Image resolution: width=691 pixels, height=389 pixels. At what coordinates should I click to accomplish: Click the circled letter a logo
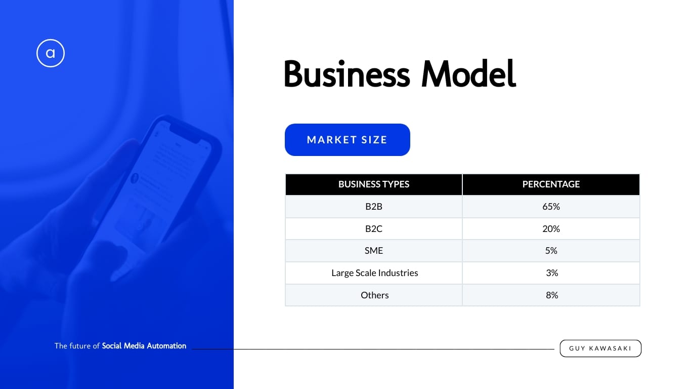pos(51,53)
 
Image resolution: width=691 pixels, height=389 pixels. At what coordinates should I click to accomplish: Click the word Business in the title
pos(347,74)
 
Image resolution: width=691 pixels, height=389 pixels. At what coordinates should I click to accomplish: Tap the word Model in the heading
pos(468,74)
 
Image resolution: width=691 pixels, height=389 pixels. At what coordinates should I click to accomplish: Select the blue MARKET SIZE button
pos(348,140)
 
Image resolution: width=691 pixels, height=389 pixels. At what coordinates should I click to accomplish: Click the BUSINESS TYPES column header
pos(373,184)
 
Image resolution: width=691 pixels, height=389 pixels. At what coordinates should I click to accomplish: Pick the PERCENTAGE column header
pos(551,184)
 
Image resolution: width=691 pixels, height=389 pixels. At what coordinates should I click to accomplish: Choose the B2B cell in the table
pos(373,206)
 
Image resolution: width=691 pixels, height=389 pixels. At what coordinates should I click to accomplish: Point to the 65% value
pos(551,206)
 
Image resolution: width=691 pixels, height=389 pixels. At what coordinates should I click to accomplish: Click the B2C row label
pos(373,228)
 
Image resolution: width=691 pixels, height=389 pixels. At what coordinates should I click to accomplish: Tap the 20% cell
pos(551,228)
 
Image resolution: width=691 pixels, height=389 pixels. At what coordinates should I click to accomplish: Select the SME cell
pos(373,251)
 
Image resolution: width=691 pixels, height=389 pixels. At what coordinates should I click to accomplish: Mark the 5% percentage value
pos(551,251)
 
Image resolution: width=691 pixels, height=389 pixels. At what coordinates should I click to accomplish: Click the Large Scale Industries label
pos(374,273)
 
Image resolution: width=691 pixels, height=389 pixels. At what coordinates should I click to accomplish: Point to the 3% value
pos(552,273)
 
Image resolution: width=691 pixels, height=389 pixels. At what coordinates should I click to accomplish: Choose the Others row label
pos(374,295)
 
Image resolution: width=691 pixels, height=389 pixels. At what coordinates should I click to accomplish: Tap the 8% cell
pos(552,295)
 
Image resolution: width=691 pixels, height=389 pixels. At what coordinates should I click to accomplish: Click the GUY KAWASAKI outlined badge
pos(600,348)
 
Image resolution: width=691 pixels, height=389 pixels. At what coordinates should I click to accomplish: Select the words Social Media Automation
pos(144,346)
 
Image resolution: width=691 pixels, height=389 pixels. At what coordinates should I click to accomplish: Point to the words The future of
pos(77,346)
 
